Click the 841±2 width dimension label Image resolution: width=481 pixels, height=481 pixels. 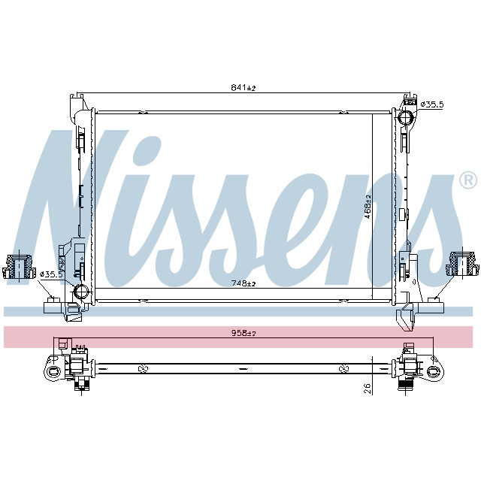[244, 88]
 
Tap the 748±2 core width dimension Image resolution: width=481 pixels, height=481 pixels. [244, 283]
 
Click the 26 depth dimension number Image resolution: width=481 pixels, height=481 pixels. [366, 389]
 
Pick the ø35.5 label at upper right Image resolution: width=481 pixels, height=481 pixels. [431, 104]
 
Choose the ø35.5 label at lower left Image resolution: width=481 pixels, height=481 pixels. [50, 274]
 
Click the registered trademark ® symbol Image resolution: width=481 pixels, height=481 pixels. [467, 180]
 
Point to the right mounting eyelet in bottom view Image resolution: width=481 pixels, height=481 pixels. [434, 371]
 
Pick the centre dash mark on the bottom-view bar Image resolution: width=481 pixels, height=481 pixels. [243, 369]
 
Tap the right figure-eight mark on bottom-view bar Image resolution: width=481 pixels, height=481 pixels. [343, 369]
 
